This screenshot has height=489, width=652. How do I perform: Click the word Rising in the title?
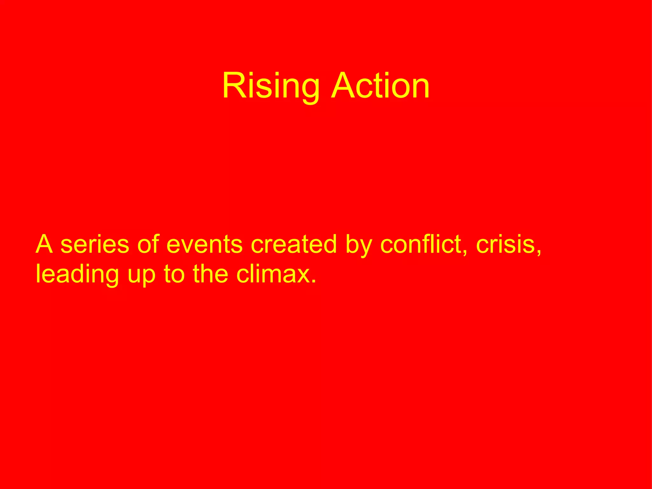click(x=271, y=86)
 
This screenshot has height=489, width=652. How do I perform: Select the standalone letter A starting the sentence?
click(x=44, y=244)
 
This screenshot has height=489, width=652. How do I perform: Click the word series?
click(x=95, y=244)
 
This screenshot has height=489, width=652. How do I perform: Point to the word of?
click(x=148, y=244)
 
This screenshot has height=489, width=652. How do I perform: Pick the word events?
click(x=204, y=244)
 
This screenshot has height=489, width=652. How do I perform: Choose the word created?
click(x=294, y=244)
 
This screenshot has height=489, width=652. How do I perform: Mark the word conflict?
click(x=420, y=244)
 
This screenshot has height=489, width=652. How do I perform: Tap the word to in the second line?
click(x=174, y=274)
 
